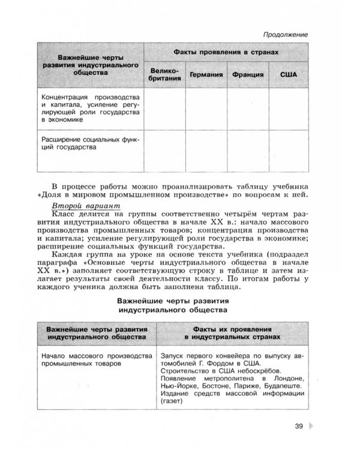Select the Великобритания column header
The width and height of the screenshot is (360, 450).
click(x=164, y=75)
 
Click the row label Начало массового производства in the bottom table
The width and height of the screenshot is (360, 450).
click(x=95, y=359)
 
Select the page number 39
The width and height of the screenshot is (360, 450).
click(x=299, y=427)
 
